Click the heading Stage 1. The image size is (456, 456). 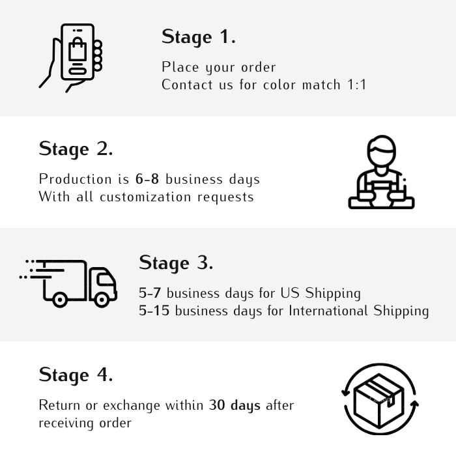pyautogui.click(x=198, y=37)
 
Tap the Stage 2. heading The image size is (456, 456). pyautogui.click(x=76, y=149)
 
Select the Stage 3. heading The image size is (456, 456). pyautogui.click(x=176, y=263)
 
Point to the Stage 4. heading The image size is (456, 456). pyautogui.click(x=76, y=375)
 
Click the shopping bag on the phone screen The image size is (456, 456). pyautogui.click(x=78, y=49)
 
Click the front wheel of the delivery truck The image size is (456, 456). pyautogui.click(x=102, y=299)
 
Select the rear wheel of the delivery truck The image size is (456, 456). pyautogui.click(x=60, y=299)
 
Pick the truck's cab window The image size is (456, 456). pyautogui.click(x=106, y=279)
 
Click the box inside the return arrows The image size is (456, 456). pyautogui.click(x=379, y=401)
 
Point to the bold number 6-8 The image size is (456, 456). pyautogui.click(x=147, y=179)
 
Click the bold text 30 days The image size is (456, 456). pyautogui.click(x=235, y=405)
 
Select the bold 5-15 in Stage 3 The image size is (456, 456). pyautogui.click(x=154, y=311)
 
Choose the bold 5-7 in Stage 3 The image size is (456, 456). pyautogui.click(x=150, y=293)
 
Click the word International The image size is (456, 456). pyautogui.click(x=328, y=311)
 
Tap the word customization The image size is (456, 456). pyautogui.click(x=145, y=197)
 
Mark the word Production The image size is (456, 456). pyautogui.click(x=76, y=179)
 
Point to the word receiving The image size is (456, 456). pyautogui.click(x=66, y=423)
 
